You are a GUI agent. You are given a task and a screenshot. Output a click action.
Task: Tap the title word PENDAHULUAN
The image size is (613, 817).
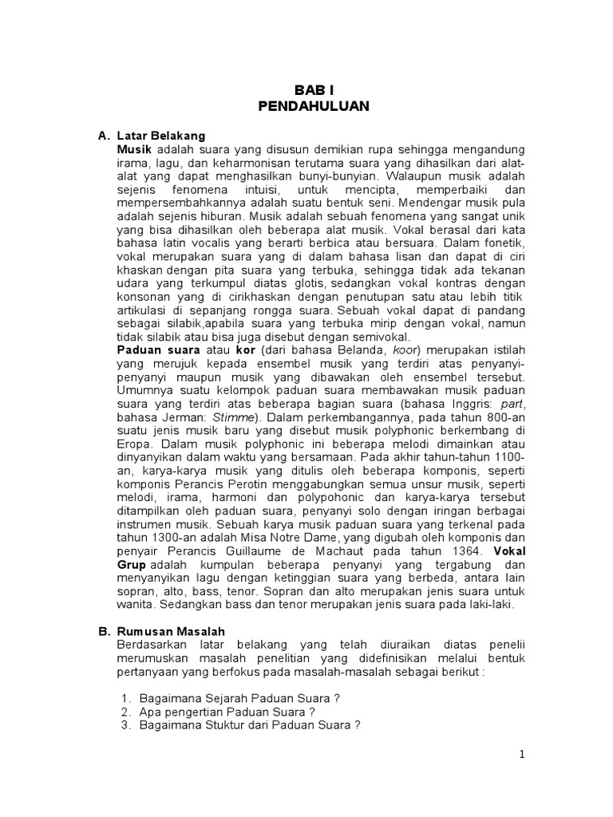314,107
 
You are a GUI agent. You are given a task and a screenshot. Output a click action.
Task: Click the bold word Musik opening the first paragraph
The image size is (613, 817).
134,149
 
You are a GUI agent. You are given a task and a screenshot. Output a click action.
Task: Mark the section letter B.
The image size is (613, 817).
103,630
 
